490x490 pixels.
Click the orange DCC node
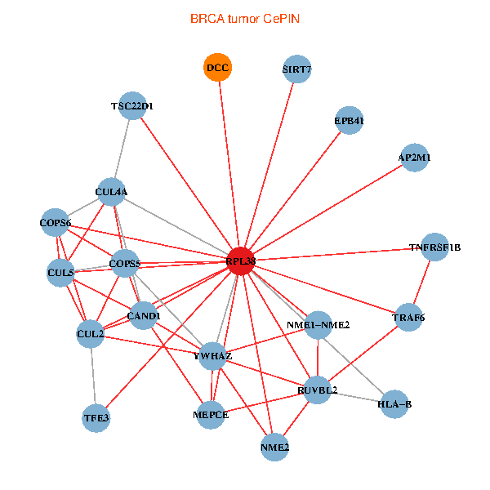click(x=217, y=68)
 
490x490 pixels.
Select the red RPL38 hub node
click(x=241, y=261)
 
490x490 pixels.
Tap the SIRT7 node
click(x=296, y=69)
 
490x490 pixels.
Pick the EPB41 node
click(x=349, y=121)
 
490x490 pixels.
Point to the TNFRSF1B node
click(x=435, y=247)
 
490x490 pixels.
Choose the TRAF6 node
click(x=408, y=317)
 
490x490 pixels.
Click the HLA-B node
click(x=395, y=404)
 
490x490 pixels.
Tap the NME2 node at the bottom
click(x=275, y=447)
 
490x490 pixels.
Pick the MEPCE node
click(x=211, y=415)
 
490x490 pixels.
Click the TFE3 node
click(x=96, y=418)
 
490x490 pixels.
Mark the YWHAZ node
click(x=213, y=356)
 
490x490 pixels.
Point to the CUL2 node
click(x=90, y=333)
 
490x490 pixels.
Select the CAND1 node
click(x=144, y=316)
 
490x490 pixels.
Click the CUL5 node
click(x=60, y=273)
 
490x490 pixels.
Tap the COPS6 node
click(x=56, y=223)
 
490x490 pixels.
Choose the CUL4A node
click(x=111, y=192)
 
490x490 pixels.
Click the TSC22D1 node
click(x=132, y=105)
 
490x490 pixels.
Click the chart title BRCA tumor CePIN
click(x=245, y=17)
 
